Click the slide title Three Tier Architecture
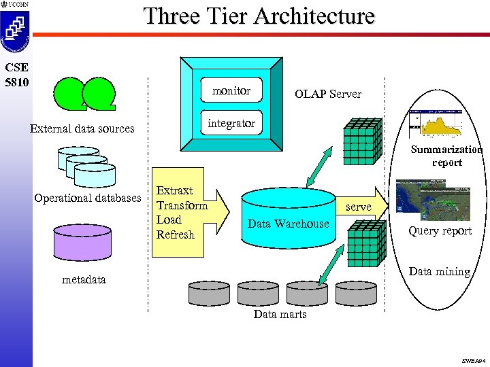pos(259,16)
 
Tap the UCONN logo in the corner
pos(14,5)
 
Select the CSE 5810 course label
pos(15,74)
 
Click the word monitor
pos(231,90)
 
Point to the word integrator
pos(231,123)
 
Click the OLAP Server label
pos(327,94)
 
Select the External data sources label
pos(82,128)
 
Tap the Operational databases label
pos(87,198)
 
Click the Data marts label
pos(280,314)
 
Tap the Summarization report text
pos(446,156)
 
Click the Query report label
pos(440,231)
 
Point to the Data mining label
pos(440,271)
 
